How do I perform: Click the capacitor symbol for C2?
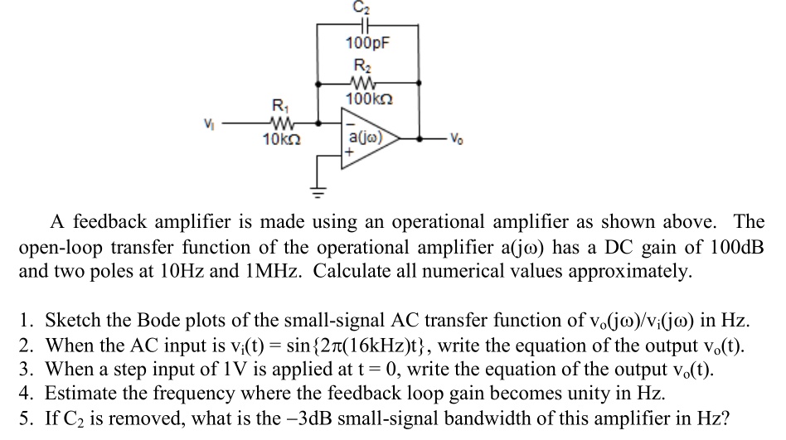tap(367, 26)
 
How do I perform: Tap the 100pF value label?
tap(367, 42)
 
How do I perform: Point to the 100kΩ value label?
tap(367, 99)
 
